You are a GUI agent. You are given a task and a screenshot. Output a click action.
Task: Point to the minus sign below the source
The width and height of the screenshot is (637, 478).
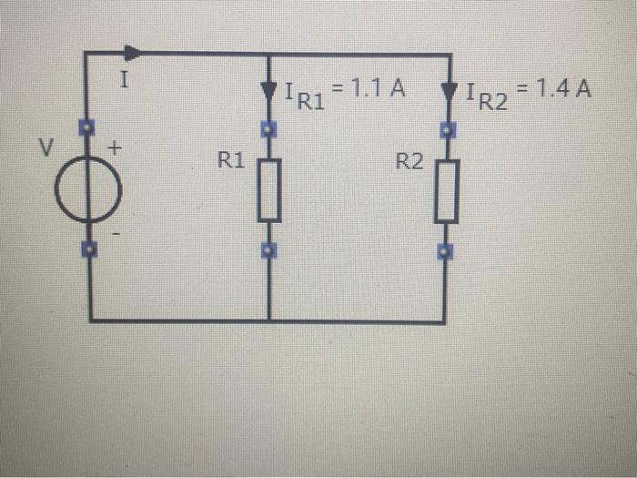point(117,234)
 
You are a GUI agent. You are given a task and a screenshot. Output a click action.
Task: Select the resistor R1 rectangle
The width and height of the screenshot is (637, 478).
point(268,189)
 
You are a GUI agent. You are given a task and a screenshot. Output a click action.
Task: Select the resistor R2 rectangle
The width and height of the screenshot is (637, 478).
point(445,189)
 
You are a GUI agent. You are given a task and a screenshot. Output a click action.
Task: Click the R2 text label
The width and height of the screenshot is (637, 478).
point(409,162)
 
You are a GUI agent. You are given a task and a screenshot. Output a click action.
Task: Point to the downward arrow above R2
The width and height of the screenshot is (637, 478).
point(448,92)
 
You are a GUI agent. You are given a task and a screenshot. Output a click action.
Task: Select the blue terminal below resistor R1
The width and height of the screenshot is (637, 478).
point(268,249)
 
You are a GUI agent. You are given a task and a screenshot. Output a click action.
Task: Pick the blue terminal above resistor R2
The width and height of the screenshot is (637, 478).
point(446,129)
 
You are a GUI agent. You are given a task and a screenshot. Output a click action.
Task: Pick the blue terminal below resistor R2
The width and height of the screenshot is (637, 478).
point(444,249)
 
